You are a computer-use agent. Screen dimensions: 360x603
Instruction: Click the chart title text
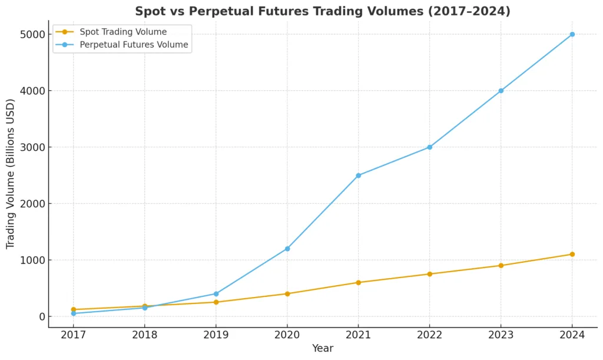[x=323, y=11]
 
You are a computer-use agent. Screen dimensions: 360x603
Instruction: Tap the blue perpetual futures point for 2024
[x=572, y=34]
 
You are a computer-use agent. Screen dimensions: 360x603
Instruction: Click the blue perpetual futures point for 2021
[x=358, y=176]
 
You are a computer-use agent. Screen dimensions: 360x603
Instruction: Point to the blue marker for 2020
[x=287, y=249]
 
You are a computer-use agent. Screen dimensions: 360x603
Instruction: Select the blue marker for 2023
[x=501, y=91]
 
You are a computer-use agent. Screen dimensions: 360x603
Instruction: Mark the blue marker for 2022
[x=429, y=147]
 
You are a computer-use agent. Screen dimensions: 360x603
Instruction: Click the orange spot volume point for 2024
[x=572, y=255]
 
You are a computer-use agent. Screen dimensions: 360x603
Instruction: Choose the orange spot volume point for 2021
[x=358, y=282]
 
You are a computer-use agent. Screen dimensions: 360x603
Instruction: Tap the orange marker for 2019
[x=216, y=302]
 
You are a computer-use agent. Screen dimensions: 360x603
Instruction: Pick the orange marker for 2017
[x=74, y=309]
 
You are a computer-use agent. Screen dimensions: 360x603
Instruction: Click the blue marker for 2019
[x=216, y=293]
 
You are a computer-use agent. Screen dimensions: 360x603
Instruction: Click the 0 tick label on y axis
[x=42, y=316]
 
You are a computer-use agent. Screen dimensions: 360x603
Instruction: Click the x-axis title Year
[x=323, y=348]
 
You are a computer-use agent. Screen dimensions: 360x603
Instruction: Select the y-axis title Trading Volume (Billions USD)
[x=11, y=176]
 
